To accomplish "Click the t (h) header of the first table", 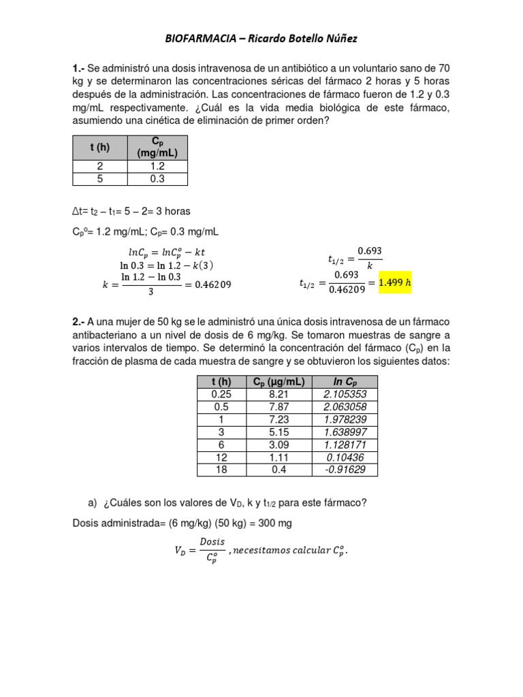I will pyautogui.click(x=99, y=147).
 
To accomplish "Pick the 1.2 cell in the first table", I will pyautogui.click(x=157, y=165).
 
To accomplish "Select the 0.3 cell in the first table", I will pyautogui.click(x=157, y=179).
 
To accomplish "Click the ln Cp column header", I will pyautogui.click(x=345, y=382).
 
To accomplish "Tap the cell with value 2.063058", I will pyautogui.click(x=345, y=407).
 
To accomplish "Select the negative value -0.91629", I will pyautogui.click(x=345, y=470).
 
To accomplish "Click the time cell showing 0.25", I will pyautogui.click(x=222, y=395).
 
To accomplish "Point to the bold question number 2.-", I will pyautogui.click(x=79, y=321).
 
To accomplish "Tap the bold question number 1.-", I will pyautogui.click(x=79, y=69).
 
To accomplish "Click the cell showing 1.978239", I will pyautogui.click(x=345, y=419).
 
